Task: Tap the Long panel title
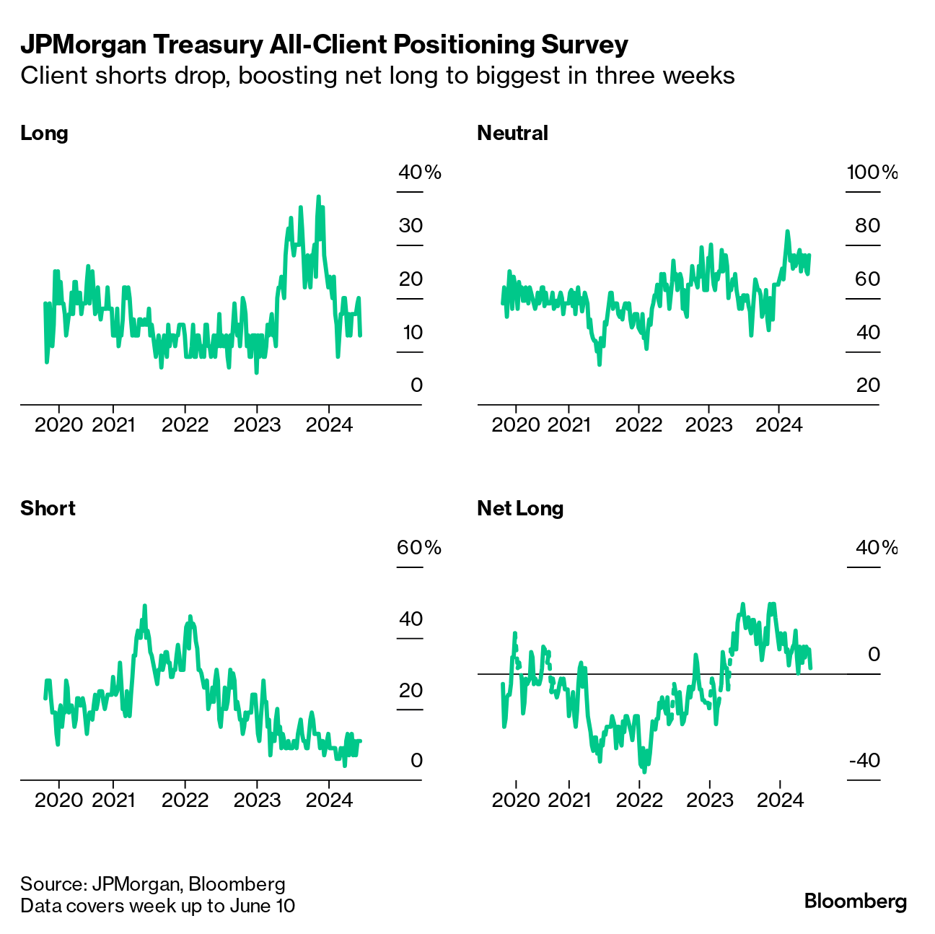tap(44, 134)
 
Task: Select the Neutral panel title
tap(512, 134)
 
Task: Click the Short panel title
tap(48, 509)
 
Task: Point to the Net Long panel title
tap(520, 509)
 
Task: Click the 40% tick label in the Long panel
tap(419, 173)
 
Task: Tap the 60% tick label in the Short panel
tap(418, 548)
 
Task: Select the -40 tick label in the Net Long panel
tap(864, 761)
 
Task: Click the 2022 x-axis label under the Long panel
tap(185, 424)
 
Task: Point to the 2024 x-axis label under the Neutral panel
tap(778, 424)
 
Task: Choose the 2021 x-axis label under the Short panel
tap(113, 800)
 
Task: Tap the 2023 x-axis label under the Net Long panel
tap(709, 800)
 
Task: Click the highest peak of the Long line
tap(318, 196)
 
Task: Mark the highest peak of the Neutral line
tap(787, 232)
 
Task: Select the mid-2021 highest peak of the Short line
tap(145, 606)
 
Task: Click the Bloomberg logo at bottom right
tap(855, 902)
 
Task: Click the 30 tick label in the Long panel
tap(411, 226)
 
